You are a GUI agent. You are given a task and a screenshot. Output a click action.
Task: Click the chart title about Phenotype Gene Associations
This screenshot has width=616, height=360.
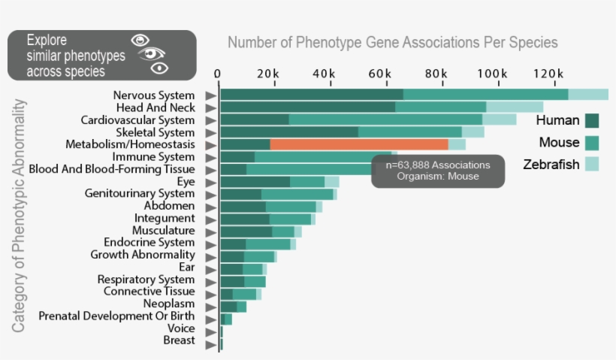pyautogui.click(x=392, y=42)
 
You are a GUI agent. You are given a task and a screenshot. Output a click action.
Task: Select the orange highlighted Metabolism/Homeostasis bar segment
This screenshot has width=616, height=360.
pyautogui.click(x=359, y=144)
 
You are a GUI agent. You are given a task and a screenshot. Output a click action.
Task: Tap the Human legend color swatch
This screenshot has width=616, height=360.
pyautogui.click(x=592, y=121)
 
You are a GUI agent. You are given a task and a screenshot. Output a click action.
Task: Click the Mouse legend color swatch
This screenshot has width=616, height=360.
pyautogui.click(x=592, y=143)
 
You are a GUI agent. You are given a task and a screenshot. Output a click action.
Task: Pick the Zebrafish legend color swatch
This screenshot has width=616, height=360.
pyautogui.click(x=592, y=165)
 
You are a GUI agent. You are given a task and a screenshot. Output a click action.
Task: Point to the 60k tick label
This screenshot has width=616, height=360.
pyautogui.click(x=381, y=74)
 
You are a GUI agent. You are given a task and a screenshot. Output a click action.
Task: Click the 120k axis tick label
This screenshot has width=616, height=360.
pyautogui.click(x=549, y=74)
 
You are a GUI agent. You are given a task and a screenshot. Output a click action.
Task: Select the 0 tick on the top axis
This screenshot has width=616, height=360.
pyautogui.click(x=218, y=74)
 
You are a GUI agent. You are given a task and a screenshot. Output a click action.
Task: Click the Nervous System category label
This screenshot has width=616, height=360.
pyautogui.click(x=154, y=95)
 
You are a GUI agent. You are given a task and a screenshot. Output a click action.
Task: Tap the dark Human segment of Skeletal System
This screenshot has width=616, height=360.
pyautogui.click(x=289, y=132)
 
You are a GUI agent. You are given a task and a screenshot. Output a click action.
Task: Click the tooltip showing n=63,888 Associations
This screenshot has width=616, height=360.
pyautogui.click(x=438, y=171)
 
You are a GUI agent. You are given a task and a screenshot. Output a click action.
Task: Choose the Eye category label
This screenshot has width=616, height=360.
pyautogui.click(x=186, y=181)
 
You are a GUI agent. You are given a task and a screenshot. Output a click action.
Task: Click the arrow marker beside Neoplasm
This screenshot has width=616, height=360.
pyautogui.click(x=211, y=304)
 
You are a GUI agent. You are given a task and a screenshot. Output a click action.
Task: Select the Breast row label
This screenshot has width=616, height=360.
pyautogui.click(x=179, y=340)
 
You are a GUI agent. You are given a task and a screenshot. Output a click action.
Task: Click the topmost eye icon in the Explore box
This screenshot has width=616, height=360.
pyautogui.click(x=140, y=40)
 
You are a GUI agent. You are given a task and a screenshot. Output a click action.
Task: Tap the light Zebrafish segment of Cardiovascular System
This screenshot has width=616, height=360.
pyautogui.click(x=499, y=119)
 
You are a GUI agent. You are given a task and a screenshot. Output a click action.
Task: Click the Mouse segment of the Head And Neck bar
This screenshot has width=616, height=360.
pyautogui.click(x=440, y=107)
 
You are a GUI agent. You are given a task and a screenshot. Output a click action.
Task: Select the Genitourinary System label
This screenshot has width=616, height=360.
pyautogui.click(x=140, y=193)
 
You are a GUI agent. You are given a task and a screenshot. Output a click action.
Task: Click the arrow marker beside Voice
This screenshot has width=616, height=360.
pyautogui.click(x=211, y=329)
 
